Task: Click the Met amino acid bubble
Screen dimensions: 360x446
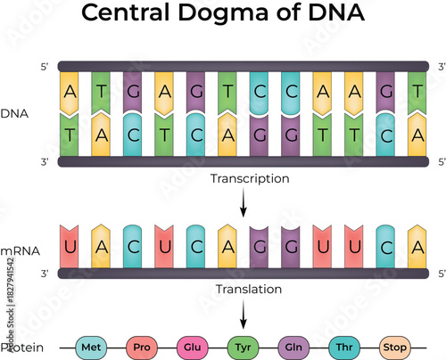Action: (x=89, y=345)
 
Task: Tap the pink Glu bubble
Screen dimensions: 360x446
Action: (x=190, y=345)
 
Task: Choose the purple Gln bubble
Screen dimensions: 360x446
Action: (x=292, y=345)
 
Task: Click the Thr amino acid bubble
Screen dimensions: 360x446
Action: (x=343, y=345)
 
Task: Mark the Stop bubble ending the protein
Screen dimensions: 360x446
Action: (x=394, y=345)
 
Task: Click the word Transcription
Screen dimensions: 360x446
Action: (x=249, y=178)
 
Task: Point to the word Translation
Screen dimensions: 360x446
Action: (x=249, y=289)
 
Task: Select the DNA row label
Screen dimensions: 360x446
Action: (x=14, y=114)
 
